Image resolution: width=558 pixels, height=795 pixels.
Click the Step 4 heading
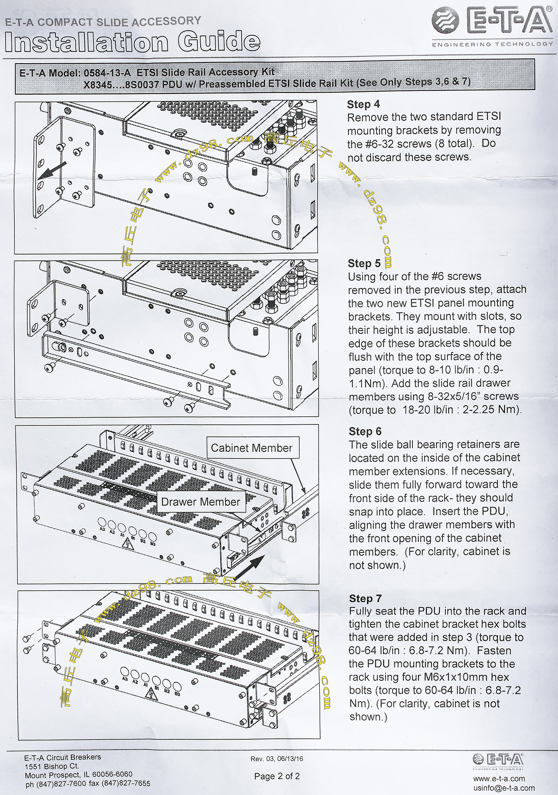363,104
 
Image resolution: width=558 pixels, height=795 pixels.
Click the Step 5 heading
364,263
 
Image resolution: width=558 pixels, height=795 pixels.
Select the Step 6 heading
365,431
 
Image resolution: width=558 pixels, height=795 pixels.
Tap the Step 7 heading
365,598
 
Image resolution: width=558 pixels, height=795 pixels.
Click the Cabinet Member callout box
251,448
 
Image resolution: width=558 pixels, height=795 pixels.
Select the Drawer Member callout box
201,502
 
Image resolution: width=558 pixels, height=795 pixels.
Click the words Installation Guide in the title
133,42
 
